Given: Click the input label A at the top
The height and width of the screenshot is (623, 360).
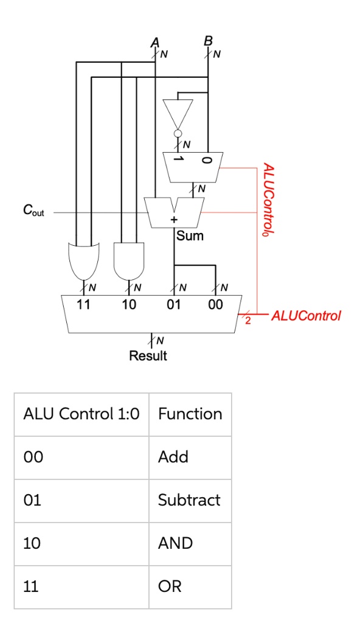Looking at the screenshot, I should [x=154, y=42].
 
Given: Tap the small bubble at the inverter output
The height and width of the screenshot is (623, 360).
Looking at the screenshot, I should [x=178, y=133].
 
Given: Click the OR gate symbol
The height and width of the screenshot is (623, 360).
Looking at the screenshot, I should [x=83, y=260].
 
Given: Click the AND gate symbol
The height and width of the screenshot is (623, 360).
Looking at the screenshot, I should [x=129, y=260].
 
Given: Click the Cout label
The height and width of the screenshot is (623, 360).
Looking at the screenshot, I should [x=33, y=211].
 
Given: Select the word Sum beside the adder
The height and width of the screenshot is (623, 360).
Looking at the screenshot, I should [x=190, y=235].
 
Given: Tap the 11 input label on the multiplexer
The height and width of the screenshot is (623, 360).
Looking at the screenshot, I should [x=83, y=305].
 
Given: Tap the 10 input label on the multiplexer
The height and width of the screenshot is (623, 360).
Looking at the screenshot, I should [x=128, y=305].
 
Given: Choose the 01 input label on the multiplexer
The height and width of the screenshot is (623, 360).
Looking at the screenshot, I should [x=174, y=305].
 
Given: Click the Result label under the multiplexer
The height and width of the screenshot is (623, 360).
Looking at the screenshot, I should [x=148, y=356].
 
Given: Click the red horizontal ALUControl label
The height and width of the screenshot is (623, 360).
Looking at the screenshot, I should [x=306, y=316].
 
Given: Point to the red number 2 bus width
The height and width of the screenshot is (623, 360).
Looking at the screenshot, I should [x=247, y=322].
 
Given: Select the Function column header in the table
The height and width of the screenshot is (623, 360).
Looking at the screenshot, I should [x=190, y=414].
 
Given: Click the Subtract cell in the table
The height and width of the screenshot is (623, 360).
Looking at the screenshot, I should [x=189, y=500].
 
